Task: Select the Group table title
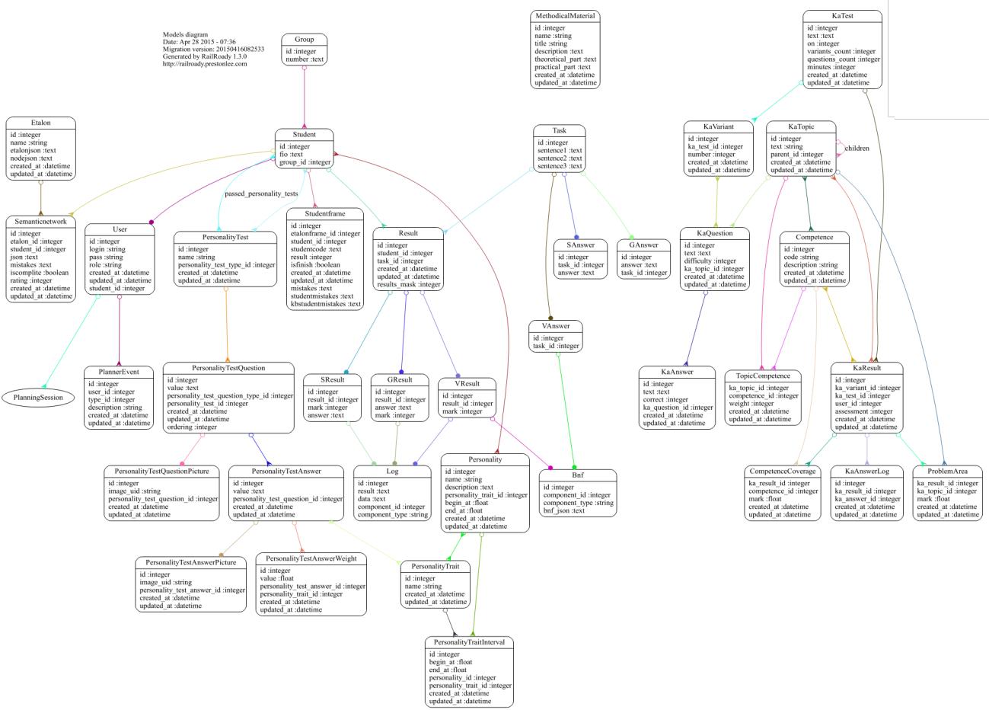click(304, 40)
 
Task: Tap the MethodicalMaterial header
click(565, 16)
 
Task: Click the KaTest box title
click(843, 16)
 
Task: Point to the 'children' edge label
click(857, 148)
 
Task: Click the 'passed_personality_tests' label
click(261, 194)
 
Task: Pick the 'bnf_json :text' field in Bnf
click(563, 510)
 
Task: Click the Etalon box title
click(40, 122)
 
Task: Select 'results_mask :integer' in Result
click(409, 284)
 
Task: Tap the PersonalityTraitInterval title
click(469, 642)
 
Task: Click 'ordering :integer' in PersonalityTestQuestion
click(192, 427)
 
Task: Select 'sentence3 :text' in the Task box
click(560, 165)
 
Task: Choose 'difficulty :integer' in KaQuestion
click(710, 261)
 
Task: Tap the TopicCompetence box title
click(764, 376)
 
